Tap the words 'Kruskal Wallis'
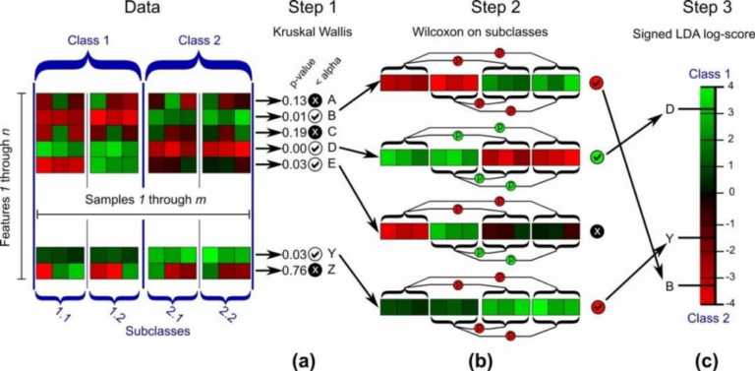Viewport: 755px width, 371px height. click(x=306, y=36)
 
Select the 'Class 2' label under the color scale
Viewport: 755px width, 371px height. click(x=704, y=317)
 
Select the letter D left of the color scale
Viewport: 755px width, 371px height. click(x=669, y=108)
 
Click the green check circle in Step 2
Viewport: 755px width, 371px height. click(x=597, y=156)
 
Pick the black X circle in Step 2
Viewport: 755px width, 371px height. click(x=597, y=231)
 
